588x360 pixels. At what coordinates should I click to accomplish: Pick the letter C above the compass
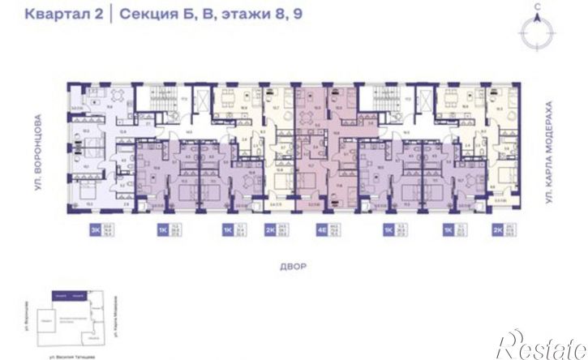[538, 7]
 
